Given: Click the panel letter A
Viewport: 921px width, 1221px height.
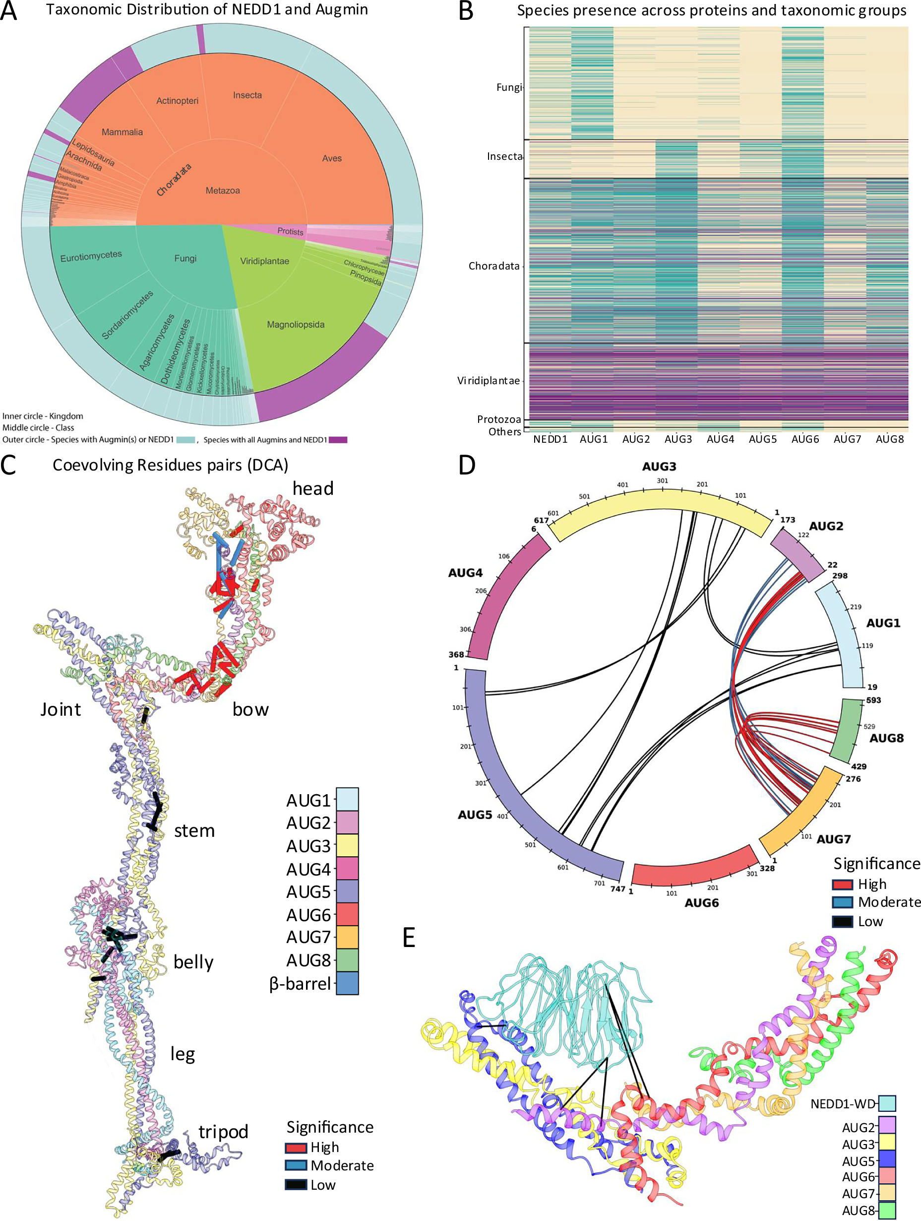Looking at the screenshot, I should point(8,10).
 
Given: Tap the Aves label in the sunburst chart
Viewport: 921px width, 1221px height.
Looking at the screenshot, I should point(331,158).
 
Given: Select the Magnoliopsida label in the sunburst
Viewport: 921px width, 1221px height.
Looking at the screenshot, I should point(296,325).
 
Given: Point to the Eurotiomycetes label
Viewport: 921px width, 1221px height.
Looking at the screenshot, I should point(91,256).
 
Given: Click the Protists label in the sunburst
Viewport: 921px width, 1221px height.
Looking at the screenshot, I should point(290,231).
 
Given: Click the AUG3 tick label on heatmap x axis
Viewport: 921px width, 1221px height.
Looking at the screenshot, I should point(678,439).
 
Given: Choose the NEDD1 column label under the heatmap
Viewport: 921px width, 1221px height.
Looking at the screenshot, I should point(550,439).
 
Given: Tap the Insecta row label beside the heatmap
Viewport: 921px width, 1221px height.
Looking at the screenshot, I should point(504,157).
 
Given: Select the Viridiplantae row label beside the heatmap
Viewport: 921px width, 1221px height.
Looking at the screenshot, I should point(488,381).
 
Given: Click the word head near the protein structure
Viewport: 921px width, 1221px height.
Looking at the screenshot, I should point(312,488).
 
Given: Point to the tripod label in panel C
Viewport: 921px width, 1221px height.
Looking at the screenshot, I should point(223,1132).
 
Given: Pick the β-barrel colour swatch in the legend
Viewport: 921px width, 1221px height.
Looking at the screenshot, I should point(347,983).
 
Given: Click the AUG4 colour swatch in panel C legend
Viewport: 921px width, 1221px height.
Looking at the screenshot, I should point(347,869).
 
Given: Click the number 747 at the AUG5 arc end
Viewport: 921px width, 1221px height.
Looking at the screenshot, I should point(617,889).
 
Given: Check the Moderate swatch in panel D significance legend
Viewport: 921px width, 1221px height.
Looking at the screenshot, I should point(842,902).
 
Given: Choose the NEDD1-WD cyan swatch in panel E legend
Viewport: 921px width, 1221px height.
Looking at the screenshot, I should point(887,1103).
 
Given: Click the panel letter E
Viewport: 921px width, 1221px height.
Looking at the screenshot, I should point(409,938).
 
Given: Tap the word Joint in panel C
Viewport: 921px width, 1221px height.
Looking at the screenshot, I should point(61,709).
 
